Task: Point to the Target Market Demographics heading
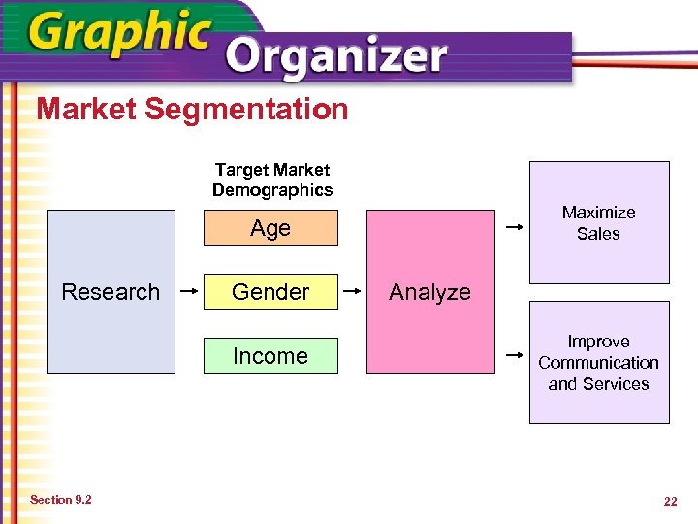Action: tap(271, 180)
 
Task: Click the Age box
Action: tap(270, 228)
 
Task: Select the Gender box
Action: tap(270, 292)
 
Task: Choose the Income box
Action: tap(270, 356)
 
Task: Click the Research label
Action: tap(111, 292)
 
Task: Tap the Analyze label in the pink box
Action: tap(429, 292)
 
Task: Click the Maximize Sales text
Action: tap(598, 222)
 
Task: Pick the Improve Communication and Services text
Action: tap(598, 362)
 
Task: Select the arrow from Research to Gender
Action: tap(189, 289)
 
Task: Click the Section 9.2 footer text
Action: tap(61, 500)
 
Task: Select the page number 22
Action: tap(670, 501)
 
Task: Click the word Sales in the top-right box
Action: tap(598, 234)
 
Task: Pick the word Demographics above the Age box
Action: tap(271, 190)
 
